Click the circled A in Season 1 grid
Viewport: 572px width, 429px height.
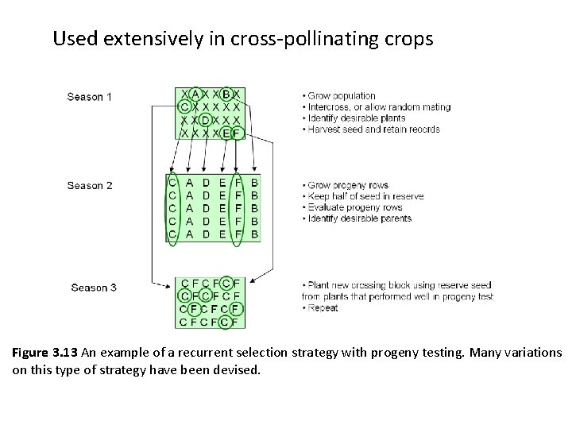195,94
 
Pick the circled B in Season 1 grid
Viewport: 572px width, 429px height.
226,94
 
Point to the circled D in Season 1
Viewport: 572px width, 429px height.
205,120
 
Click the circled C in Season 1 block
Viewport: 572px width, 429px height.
184,106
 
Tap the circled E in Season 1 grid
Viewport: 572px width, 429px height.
226,133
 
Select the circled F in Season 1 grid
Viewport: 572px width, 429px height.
237,133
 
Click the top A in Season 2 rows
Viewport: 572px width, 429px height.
189,183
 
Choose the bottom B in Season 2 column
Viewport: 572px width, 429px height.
254,234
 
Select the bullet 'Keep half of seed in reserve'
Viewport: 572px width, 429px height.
365,196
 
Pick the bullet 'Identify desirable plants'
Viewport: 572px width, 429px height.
357,118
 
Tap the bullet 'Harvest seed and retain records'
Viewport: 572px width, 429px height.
373,129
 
